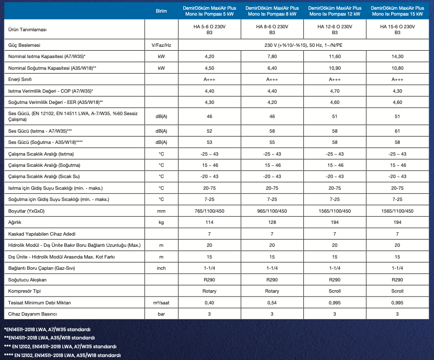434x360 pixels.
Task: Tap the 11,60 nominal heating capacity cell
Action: pos(335,57)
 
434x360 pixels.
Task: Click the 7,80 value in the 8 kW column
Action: pos(272,57)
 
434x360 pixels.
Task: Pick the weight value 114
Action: pos(210,222)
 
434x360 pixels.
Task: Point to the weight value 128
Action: pos(272,222)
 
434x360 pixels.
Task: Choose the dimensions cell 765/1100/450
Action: pos(210,211)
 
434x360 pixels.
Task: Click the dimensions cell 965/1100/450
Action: pos(272,211)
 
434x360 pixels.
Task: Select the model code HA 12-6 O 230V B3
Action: pos(335,30)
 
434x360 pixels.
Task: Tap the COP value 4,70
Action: pos(335,91)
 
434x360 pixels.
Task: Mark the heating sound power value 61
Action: pos(397,131)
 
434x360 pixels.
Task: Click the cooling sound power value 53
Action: pos(210,142)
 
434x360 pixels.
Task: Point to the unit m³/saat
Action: pos(161,302)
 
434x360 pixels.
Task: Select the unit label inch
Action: pos(161,268)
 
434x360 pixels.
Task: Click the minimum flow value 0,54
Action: pos(272,302)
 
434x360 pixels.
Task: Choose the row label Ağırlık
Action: pos(16,222)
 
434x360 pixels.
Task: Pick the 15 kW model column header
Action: pos(397,11)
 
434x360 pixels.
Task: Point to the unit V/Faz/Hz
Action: pos(161,45)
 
